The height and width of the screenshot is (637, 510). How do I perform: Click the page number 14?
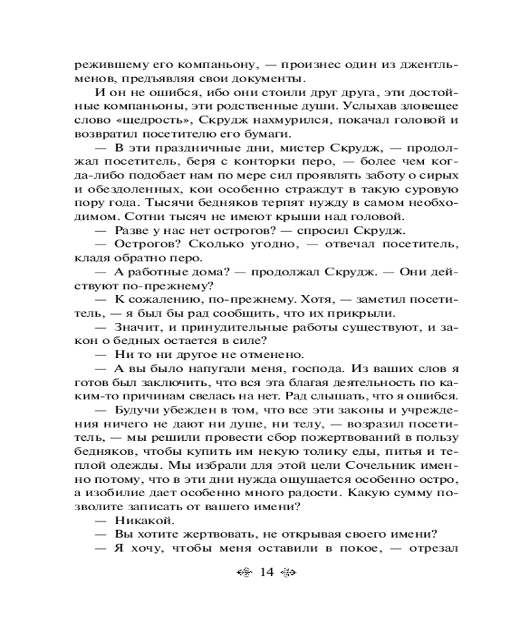click(x=266, y=573)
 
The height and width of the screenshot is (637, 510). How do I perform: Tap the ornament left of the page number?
click(x=243, y=573)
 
